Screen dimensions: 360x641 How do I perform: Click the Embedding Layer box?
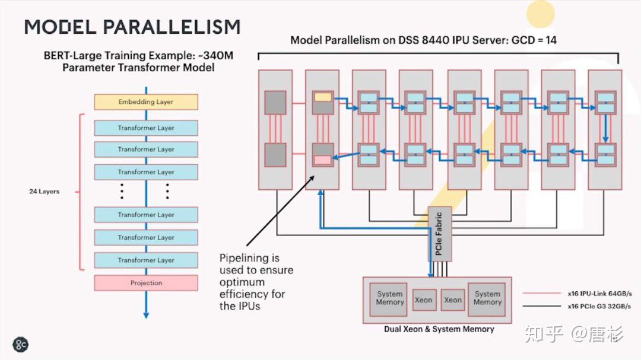(146, 102)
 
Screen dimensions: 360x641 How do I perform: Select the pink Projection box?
(146, 283)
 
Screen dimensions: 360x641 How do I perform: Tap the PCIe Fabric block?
(439, 234)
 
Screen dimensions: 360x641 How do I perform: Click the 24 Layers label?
(45, 192)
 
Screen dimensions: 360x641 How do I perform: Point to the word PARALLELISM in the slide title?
(172, 27)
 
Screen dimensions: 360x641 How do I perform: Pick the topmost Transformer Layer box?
(146, 128)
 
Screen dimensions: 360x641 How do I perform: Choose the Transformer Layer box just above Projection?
(146, 260)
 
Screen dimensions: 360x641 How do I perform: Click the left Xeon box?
(423, 300)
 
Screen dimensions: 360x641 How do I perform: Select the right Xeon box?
(453, 300)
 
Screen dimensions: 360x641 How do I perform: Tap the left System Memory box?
(389, 298)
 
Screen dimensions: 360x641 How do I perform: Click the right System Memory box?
(487, 298)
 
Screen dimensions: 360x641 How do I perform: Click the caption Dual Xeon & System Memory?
(439, 329)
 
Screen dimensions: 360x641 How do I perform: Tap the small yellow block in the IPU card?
(323, 96)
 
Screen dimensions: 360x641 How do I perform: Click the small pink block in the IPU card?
(322, 160)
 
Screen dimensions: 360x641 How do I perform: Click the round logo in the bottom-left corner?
(21, 344)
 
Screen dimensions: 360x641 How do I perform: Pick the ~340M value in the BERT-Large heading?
(216, 56)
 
